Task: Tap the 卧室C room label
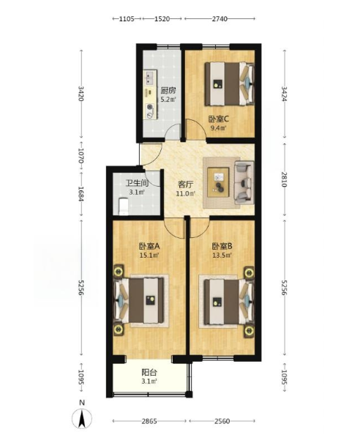click(217, 119)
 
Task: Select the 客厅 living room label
click(186, 184)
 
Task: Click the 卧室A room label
click(149, 247)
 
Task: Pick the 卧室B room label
click(222, 247)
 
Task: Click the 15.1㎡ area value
click(149, 256)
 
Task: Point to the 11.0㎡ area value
click(186, 194)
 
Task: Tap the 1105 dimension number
click(127, 18)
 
